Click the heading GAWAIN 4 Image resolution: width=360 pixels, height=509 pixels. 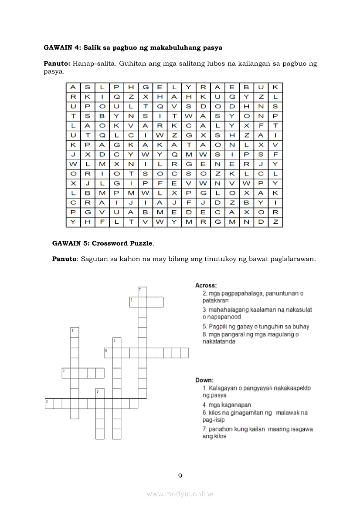62,47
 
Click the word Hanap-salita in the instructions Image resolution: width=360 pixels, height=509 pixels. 92,64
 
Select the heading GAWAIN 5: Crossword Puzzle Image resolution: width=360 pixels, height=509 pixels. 102,243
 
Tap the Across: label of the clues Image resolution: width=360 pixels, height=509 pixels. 206,286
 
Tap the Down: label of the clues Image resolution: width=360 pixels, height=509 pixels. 204,380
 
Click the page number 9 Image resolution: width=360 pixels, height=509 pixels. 180,475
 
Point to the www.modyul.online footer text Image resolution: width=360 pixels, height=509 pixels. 180,494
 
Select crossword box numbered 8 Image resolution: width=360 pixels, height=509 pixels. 134,302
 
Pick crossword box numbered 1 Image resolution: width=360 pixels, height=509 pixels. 75,332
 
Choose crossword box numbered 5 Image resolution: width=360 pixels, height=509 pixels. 109,353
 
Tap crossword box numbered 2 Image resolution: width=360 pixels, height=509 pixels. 66,373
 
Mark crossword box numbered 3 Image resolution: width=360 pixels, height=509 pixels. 49,404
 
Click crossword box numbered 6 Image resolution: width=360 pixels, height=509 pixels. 100,393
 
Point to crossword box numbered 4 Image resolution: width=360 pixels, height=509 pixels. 117,342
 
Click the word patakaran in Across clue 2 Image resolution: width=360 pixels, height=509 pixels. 215,300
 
